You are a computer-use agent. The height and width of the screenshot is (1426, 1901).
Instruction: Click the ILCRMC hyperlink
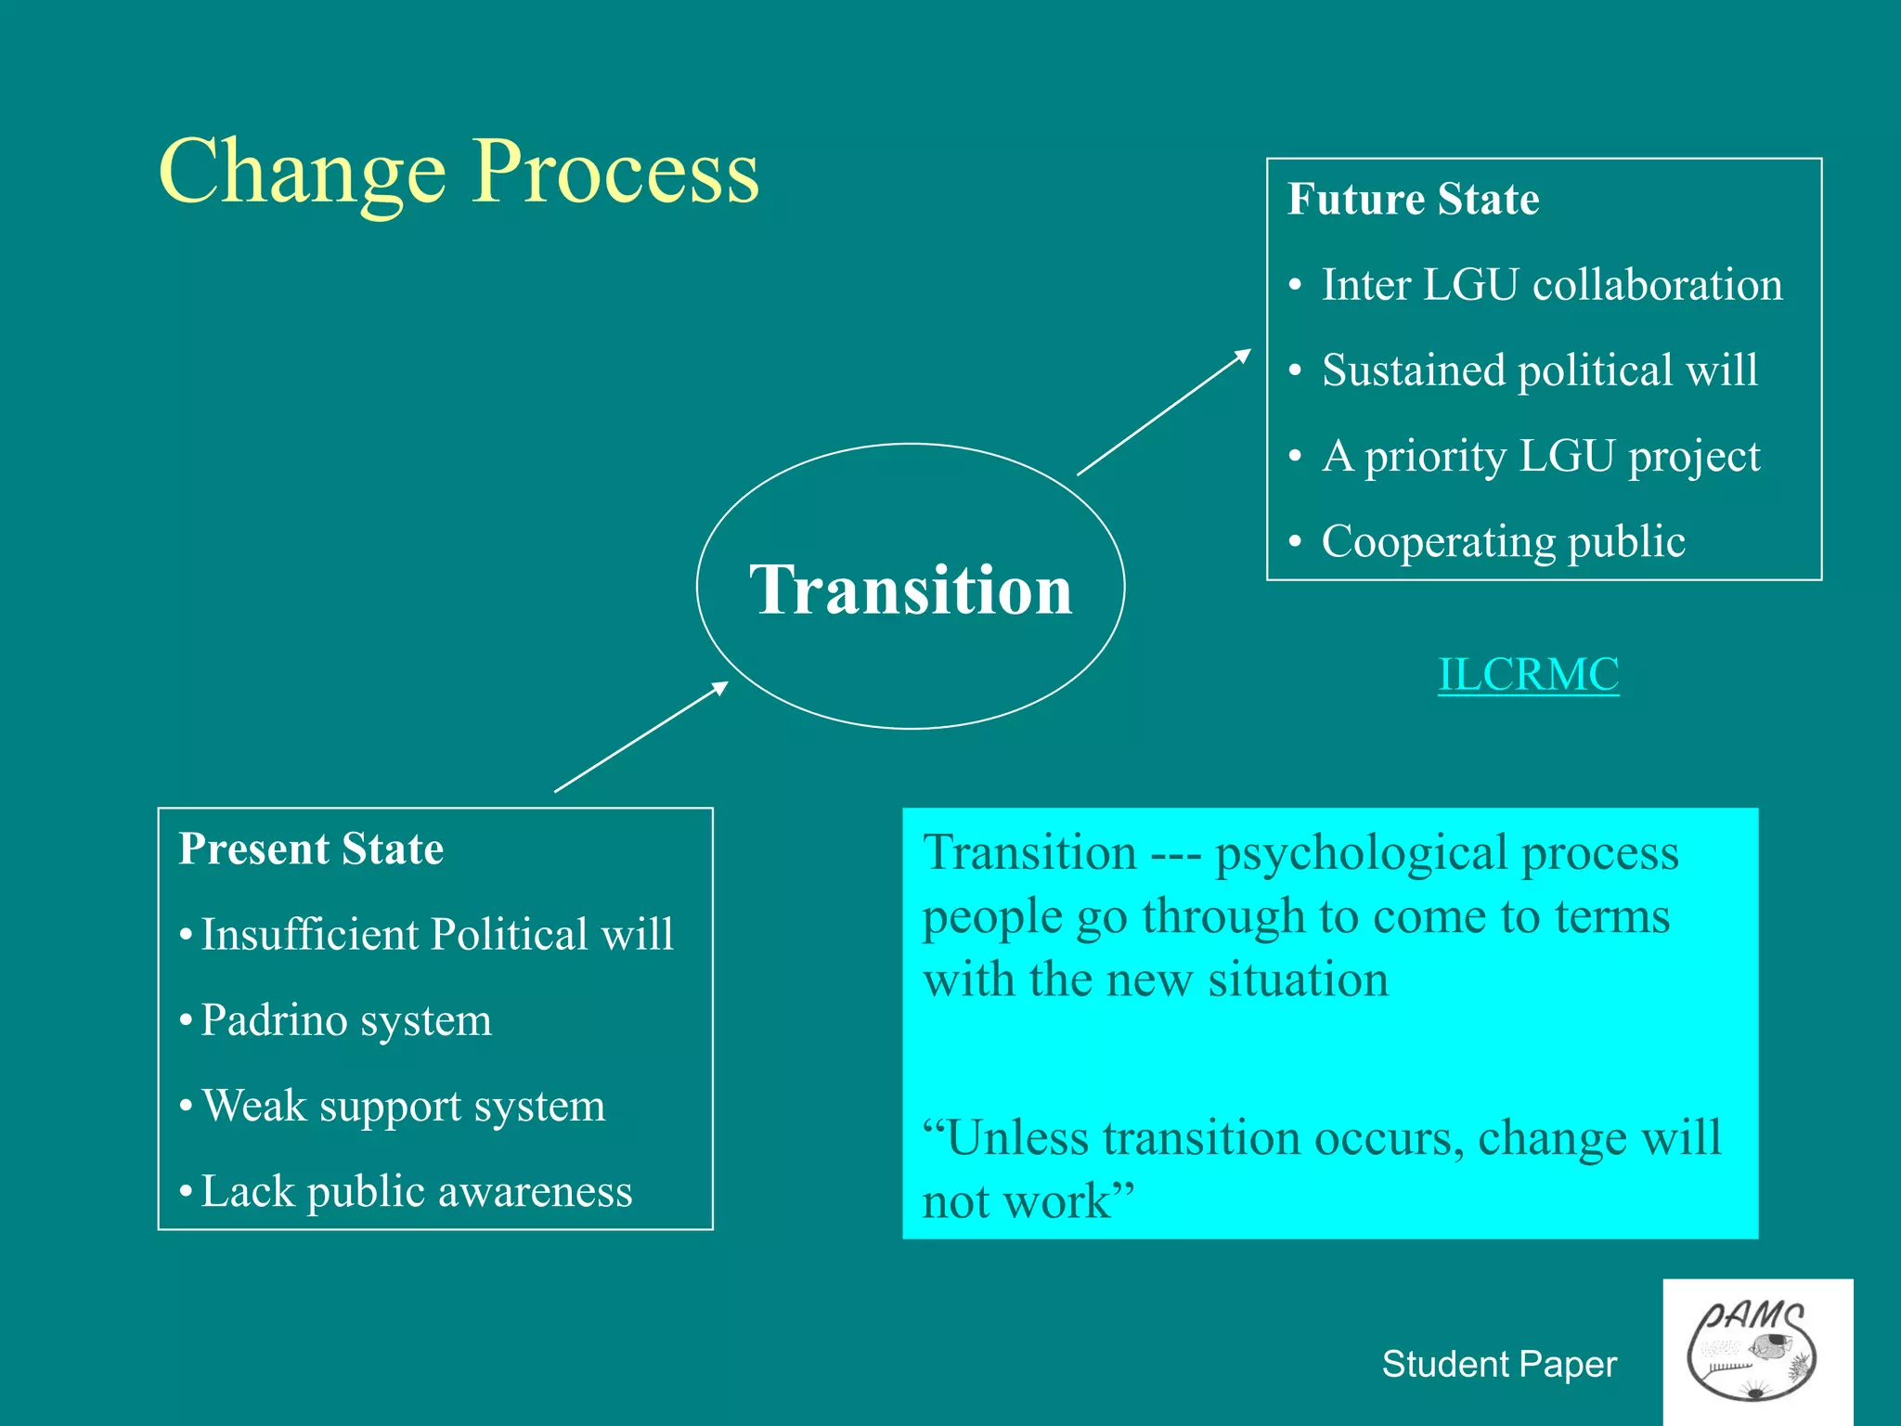pos(1528,675)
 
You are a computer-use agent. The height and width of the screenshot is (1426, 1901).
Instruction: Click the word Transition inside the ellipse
pos(911,590)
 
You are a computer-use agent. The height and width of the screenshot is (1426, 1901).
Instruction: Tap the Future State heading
pos(1413,200)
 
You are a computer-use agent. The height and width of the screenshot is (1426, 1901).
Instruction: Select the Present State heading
pos(311,849)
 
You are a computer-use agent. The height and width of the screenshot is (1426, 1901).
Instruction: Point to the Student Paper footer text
pos(1498,1364)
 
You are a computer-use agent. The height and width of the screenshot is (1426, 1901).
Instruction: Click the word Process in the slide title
pos(615,174)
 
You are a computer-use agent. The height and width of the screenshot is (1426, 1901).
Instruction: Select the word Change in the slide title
pos(303,174)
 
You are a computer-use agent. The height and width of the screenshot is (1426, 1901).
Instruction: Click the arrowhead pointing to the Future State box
pos(1243,356)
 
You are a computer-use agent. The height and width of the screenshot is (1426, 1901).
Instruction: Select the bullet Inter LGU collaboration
pos(1551,285)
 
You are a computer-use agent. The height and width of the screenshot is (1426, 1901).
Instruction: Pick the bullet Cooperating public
pos(1503,541)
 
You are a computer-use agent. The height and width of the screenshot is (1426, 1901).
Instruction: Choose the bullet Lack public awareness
pos(416,1192)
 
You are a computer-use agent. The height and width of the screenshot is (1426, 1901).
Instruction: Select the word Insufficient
pos(310,935)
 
